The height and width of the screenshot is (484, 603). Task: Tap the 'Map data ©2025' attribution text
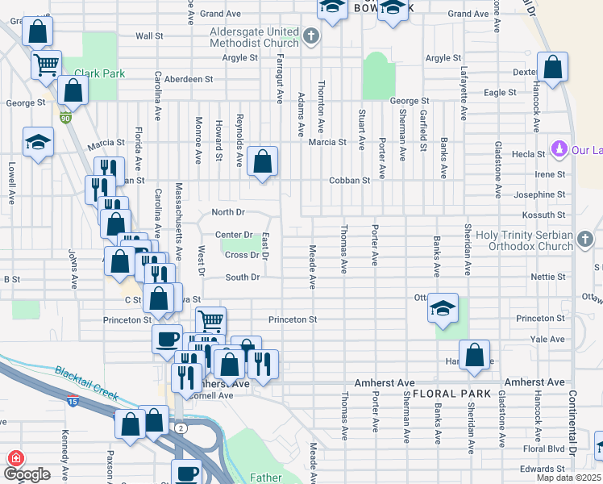(x=568, y=478)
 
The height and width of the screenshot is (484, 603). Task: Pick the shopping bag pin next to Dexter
(x=552, y=69)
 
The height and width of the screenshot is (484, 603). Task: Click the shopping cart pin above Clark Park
(x=47, y=64)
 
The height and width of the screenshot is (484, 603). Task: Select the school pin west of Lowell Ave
(x=38, y=144)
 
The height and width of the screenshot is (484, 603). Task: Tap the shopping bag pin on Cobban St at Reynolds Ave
(x=262, y=161)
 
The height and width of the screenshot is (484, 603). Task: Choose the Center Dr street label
(x=234, y=235)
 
